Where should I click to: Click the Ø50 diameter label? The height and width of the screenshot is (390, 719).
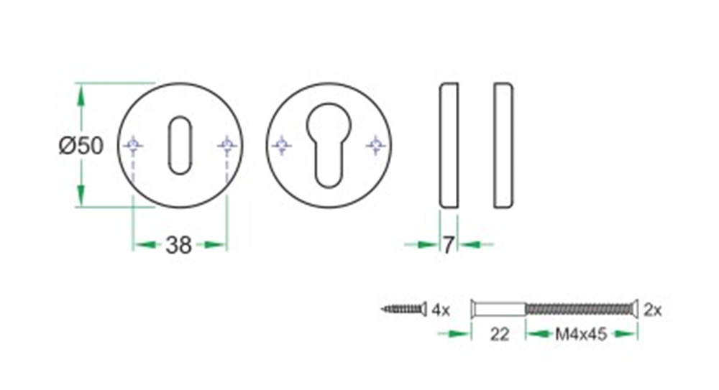(x=81, y=146)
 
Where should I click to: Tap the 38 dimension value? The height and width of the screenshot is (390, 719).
(x=179, y=246)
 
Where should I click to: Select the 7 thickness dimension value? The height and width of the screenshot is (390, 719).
(x=448, y=246)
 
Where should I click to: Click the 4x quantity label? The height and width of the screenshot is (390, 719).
(x=440, y=310)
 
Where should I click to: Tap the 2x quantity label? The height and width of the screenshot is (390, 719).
(x=653, y=310)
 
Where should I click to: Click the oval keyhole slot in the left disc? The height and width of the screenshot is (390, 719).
(x=179, y=146)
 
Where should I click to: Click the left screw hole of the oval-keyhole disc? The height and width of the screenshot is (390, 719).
(x=133, y=146)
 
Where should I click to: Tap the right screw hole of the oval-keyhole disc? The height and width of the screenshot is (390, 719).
(x=227, y=146)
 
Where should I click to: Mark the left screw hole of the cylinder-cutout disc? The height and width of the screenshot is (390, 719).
(x=282, y=146)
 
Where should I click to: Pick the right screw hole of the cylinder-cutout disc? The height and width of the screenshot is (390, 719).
(x=375, y=146)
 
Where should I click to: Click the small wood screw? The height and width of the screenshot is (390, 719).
(x=403, y=310)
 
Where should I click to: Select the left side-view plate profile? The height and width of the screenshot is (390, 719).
(x=448, y=146)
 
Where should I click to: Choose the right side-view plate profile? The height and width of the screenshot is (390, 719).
(x=503, y=146)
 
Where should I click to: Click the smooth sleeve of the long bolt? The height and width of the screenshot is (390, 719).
(x=498, y=310)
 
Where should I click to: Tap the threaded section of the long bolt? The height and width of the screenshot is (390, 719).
(x=580, y=310)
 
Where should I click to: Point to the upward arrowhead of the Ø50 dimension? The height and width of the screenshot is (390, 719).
(x=81, y=93)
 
